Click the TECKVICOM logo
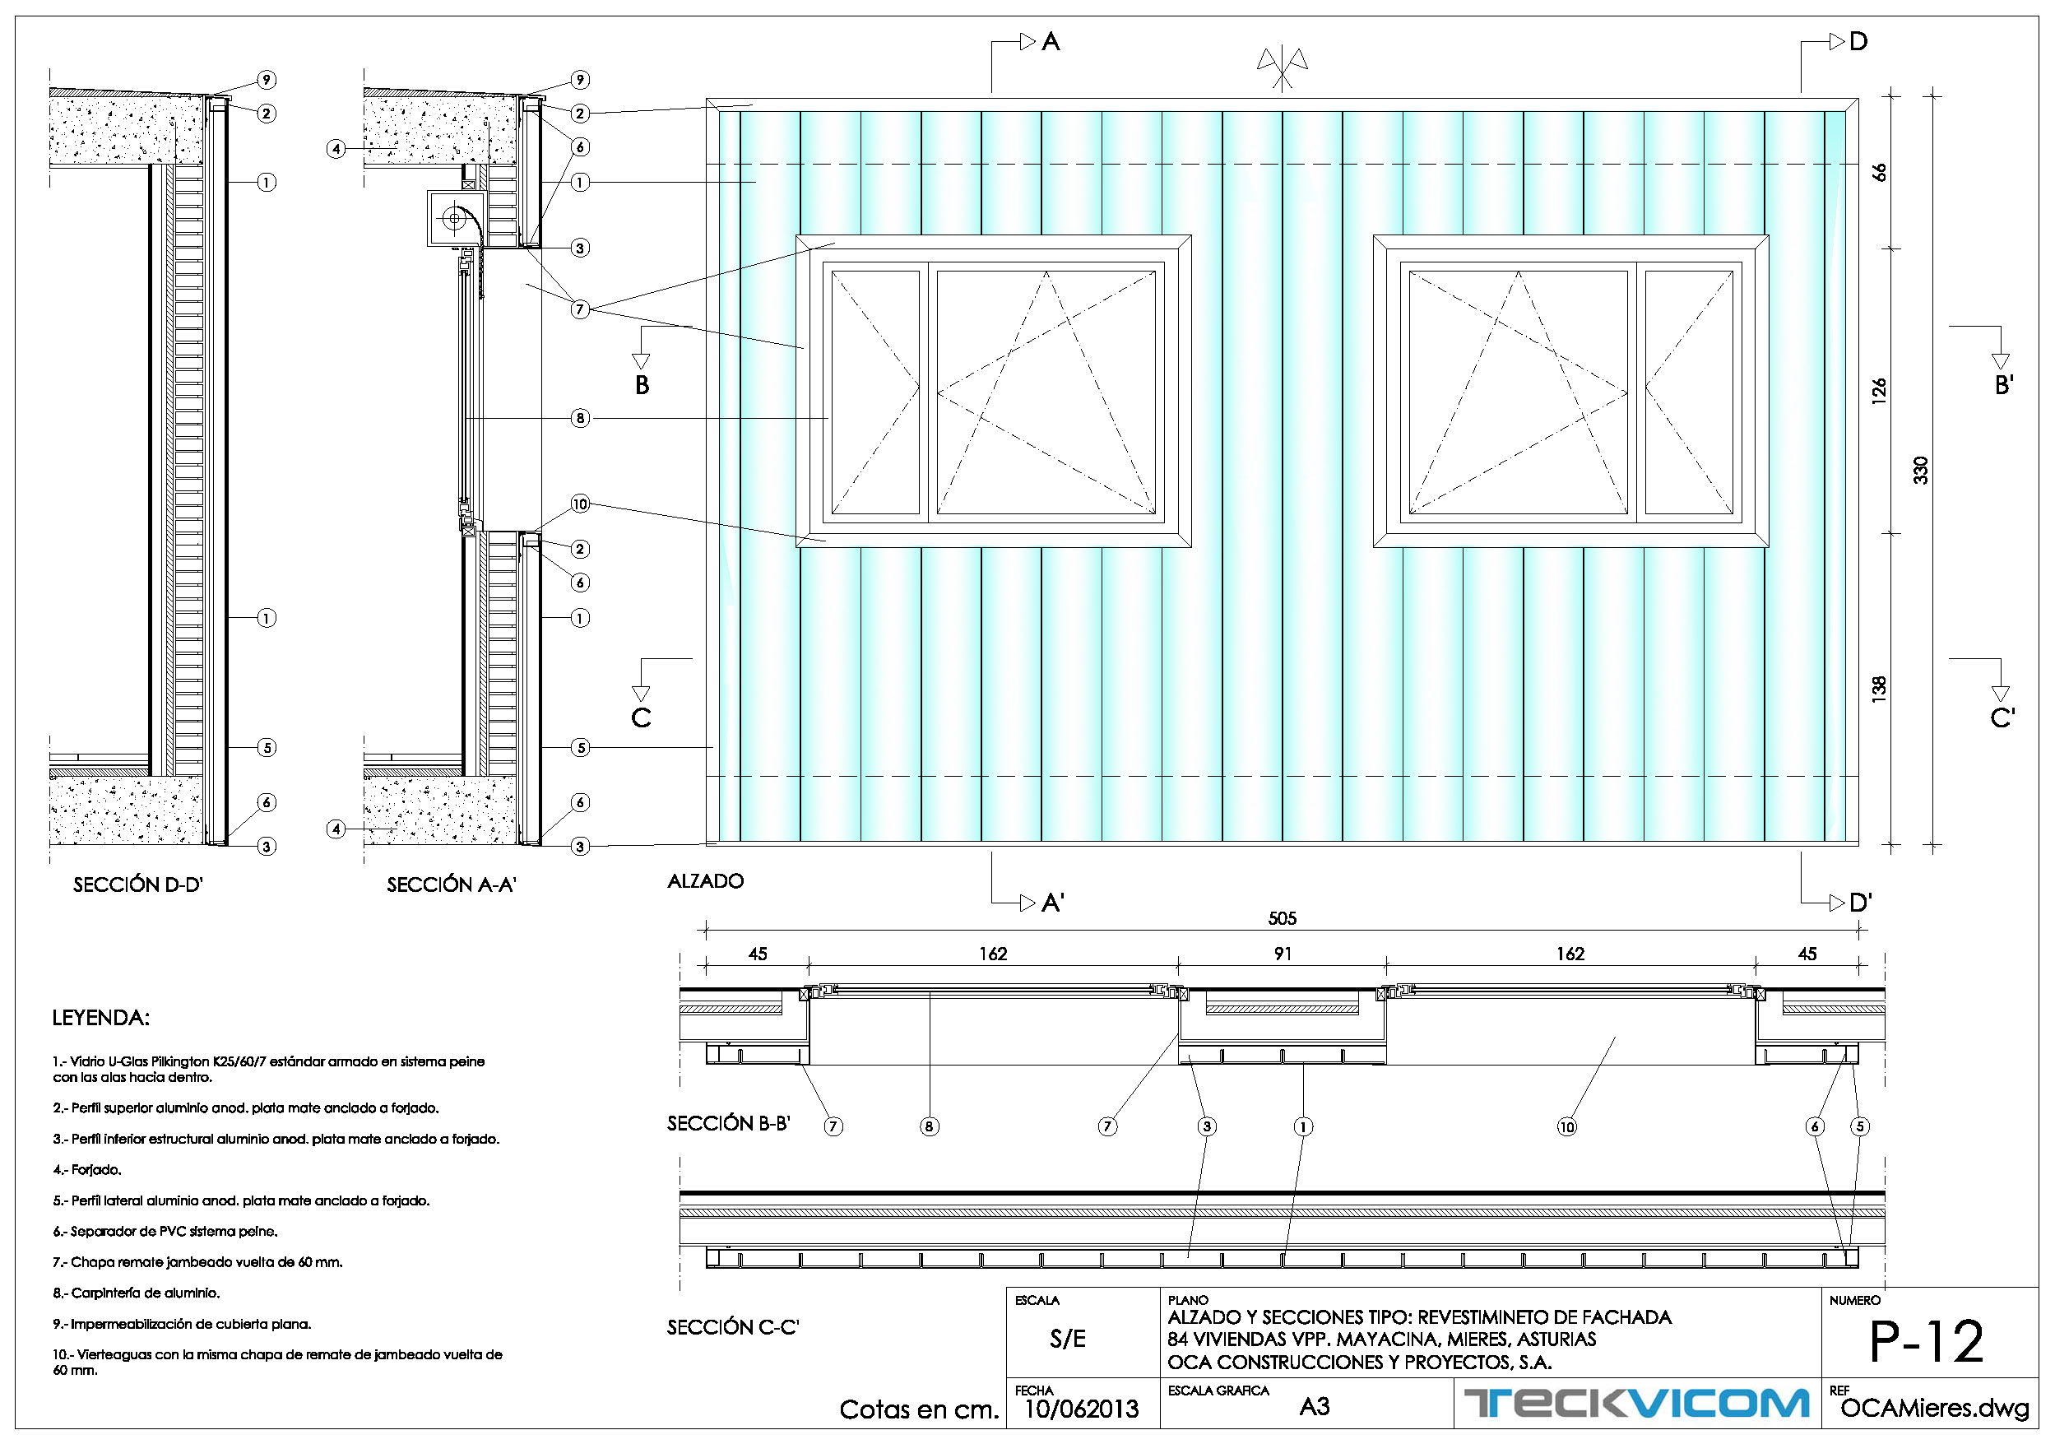[1636, 1403]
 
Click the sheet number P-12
[1927, 1341]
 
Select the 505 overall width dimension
[1282, 918]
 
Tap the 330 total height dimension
[1921, 470]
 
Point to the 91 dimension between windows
[1283, 954]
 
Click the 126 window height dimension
[1879, 391]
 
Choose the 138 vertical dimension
[1879, 689]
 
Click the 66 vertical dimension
[1879, 172]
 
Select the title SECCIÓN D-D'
[139, 885]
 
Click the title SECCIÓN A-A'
[452, 885]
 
